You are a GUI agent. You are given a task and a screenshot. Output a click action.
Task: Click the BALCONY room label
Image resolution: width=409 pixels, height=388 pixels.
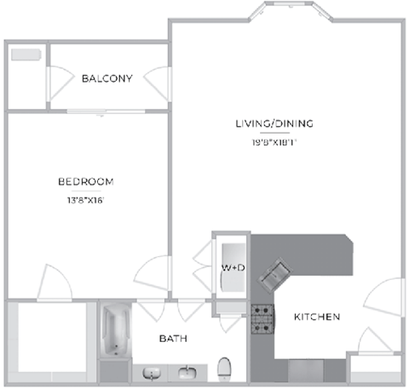click(x=107, y=79)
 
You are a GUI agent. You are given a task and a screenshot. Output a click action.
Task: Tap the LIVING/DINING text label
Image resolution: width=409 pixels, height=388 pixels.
click(x=274, y=124)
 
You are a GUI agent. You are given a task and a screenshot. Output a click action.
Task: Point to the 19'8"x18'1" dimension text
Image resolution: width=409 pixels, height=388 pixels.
click(x=274, y=143)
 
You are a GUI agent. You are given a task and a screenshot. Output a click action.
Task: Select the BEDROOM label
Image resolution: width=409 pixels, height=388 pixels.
click(x=85, y=181)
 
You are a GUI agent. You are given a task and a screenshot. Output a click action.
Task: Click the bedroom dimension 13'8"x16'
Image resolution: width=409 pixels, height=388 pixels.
click(x=85, y=201)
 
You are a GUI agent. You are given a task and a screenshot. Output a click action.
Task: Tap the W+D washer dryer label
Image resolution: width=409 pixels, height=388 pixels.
click(x=233, y=268)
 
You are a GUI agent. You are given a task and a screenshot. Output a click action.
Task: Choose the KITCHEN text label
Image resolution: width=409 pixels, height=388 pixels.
click(x=317, y=317)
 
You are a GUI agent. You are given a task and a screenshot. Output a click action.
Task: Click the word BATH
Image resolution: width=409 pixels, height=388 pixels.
click(x=173, y=339)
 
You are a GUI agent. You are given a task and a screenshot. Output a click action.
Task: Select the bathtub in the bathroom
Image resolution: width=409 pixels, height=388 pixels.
click(x=114, y=333)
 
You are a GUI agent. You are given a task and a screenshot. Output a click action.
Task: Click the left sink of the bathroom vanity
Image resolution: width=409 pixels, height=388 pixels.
click(x=151, y=373)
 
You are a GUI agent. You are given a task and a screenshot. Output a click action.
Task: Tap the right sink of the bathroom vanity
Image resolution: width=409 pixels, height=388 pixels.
click(x=187, y=373)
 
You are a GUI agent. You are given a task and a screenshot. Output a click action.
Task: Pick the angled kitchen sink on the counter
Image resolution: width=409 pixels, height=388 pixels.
click(x=276, y=275)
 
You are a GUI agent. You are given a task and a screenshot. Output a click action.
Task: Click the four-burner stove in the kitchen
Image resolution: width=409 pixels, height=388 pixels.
click(x=262, y=317)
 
